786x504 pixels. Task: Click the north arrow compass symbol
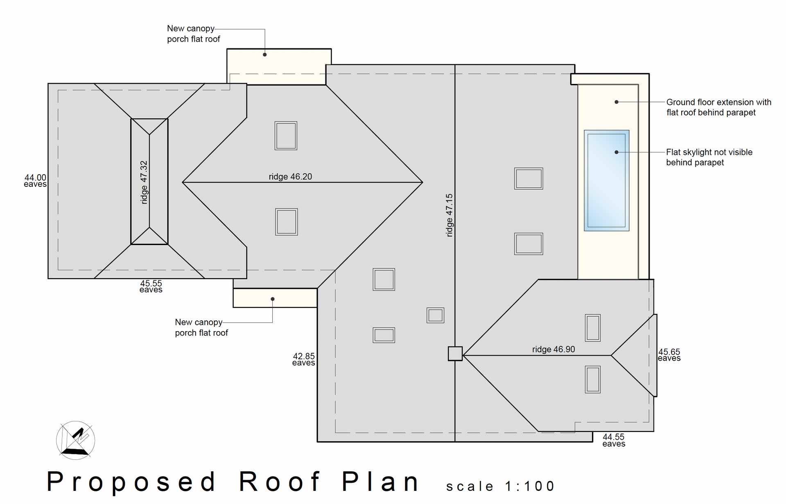pos(75,440)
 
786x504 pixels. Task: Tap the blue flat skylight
pos(606,180)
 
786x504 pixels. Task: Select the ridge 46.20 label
pos(290,177)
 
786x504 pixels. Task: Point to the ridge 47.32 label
pos(144,182)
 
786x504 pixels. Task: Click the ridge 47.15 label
pos(449,215)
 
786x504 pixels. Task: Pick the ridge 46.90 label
pos(553,349)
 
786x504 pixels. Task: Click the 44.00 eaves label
pos(35,181)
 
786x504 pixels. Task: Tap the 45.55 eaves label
pos(151,286)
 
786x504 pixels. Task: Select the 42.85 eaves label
pos(304,359)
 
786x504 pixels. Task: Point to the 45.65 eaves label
pos(669,355)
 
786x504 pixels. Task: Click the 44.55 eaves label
pos(614,440)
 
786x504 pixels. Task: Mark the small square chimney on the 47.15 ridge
pos(455,354)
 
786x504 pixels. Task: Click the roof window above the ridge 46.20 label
pos(286,136)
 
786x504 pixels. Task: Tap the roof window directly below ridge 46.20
pos(287,222)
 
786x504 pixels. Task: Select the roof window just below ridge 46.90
pos(593,380)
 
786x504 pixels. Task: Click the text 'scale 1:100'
pos(500,486)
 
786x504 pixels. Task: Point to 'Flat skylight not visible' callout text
pos(709,152)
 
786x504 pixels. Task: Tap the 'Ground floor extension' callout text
pos(718,102)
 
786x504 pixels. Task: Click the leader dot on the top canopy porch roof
pos(265,54)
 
